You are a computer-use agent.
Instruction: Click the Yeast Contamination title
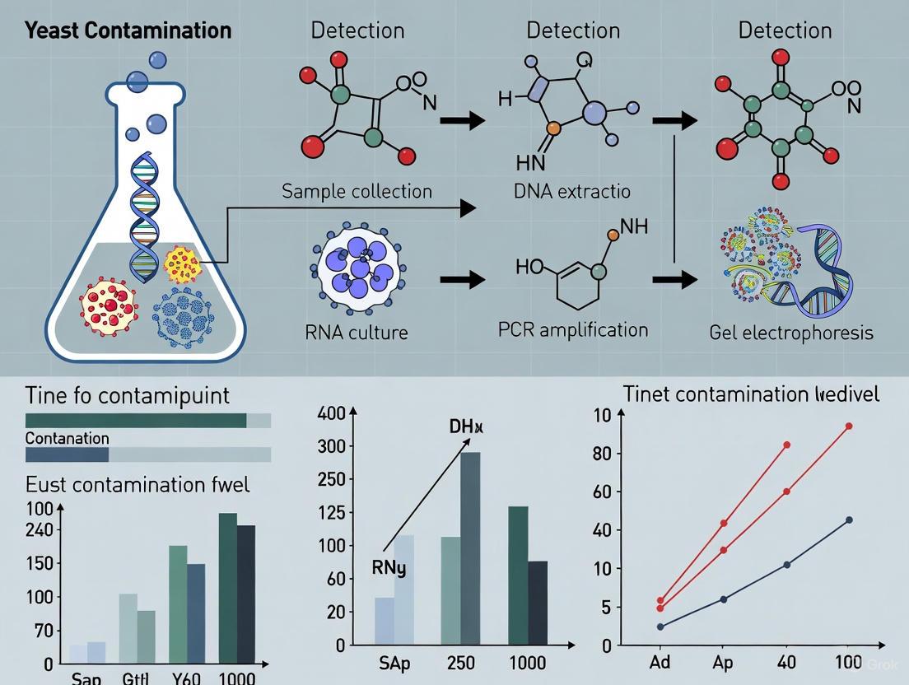pos(128,31)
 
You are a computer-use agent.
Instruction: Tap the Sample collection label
pos(357,191)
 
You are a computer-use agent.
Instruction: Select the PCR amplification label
pos(573,330)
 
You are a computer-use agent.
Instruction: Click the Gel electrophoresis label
pos(790,333)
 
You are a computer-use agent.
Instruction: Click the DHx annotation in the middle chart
pos(466,428)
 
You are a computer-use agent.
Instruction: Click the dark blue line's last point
pos(849,520)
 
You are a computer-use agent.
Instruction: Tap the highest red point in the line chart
pos(849,426)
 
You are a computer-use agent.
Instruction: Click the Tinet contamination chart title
pos(751,394)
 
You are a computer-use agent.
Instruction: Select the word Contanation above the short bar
pos(67,438)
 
